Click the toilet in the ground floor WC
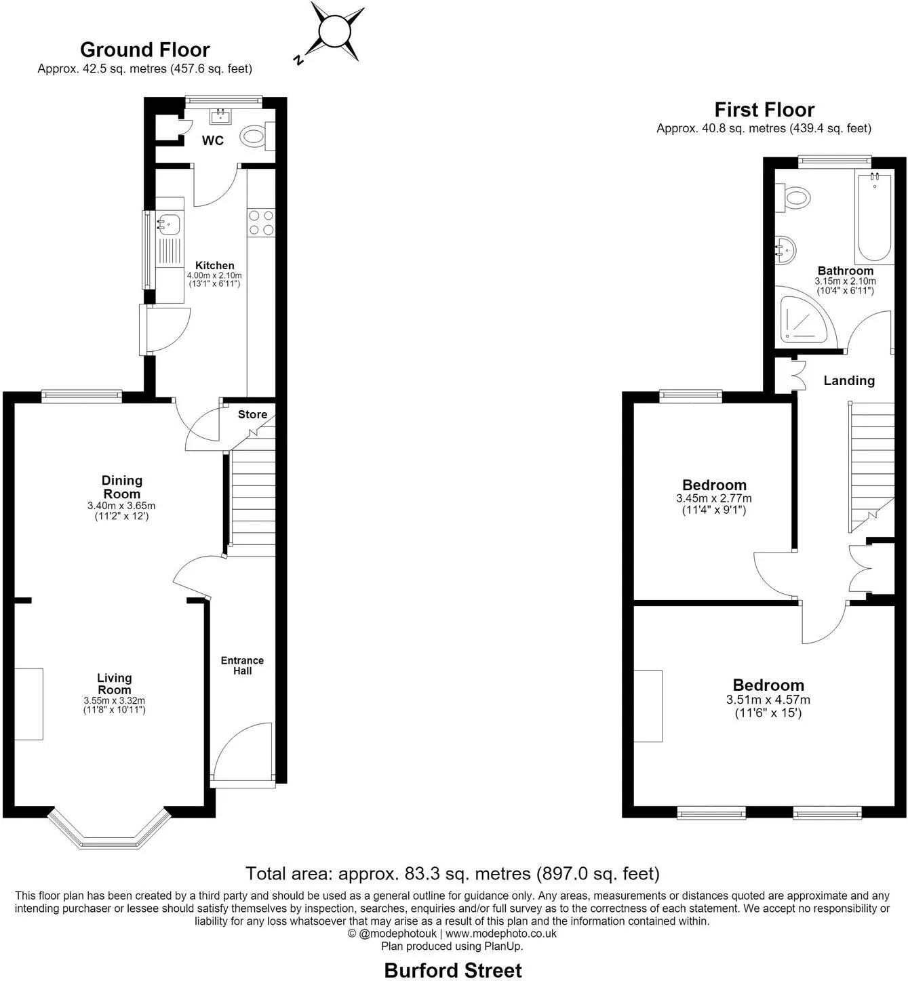(258, 136)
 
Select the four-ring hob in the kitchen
(261, 223)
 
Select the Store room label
(252, 414)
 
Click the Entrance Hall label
(242, 665)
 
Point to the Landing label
(849, 380)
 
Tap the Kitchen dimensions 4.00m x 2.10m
(214, 275)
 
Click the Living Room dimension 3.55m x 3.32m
(114, 700)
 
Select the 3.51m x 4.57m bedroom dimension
(768, 700)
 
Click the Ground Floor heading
(145, 50)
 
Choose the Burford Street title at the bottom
(453, 970)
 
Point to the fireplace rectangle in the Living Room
(28, 704)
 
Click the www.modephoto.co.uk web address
(501, 934)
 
